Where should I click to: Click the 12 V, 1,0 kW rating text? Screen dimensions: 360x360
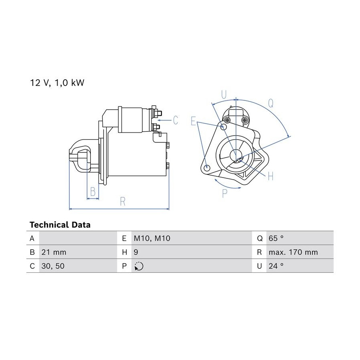pyautogui.click(x=57, y=83)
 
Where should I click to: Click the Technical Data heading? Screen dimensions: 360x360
pyautogui.click(x=60, y=225)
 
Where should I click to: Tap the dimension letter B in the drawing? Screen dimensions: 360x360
pyautogui.click(x=93, y=192)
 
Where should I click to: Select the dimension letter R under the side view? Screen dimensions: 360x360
pyautogui.click(x=123, y=202)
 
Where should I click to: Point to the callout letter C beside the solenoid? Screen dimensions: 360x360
pyautogui.click(x=176, y=120)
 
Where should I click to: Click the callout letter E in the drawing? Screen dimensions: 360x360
pyautogui.click(x=193, y=121)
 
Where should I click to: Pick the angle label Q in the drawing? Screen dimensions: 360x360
pyautogui.click(x=271, y=103)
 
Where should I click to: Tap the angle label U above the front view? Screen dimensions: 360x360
pyautogui.click(x=224, y=94)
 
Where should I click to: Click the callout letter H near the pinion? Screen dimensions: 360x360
pyautogui.click(x=271, y=176)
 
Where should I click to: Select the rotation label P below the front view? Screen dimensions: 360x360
pyautogui.click(x=225, y=193)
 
